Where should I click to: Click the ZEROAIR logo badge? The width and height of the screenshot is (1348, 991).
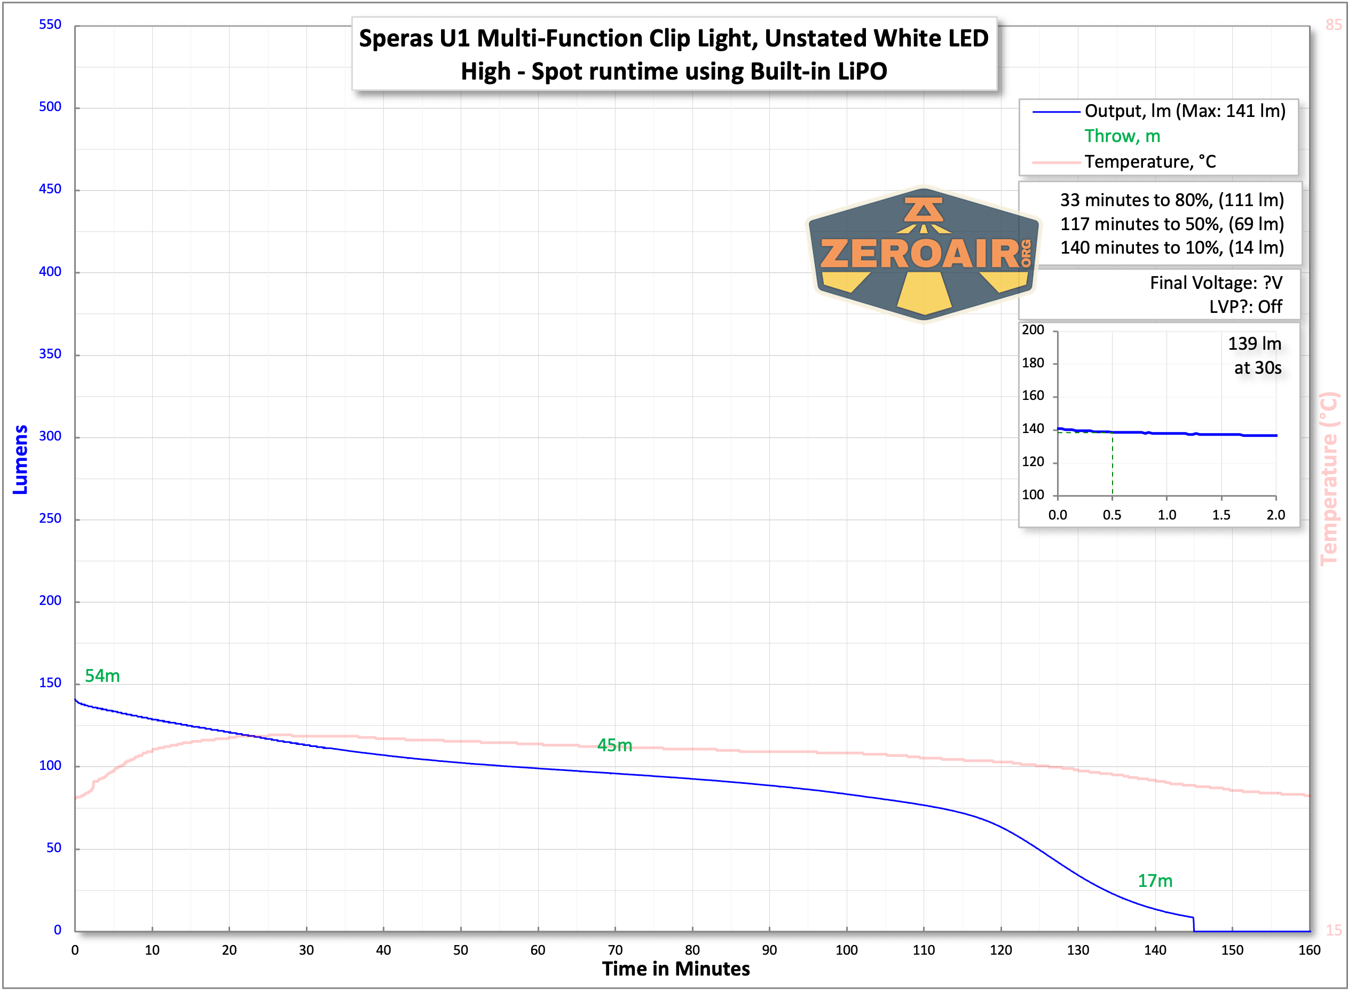pyautogui.click(x=924, y=254)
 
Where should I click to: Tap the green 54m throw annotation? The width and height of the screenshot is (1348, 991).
pyautogui.click(x=102, y=676)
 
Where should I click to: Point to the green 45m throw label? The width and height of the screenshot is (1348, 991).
pyautogui.click(x=614, y=745)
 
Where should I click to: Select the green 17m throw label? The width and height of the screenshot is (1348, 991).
pyautogui.click(x=1155, y=880)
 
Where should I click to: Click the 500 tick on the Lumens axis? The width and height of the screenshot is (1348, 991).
pyautogui.click(x=50, y=107)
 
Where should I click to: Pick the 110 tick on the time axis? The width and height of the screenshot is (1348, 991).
pyautogui.click(x=924, y=950)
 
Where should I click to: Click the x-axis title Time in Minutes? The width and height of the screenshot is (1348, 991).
pyautogui.click(x=676, y=970)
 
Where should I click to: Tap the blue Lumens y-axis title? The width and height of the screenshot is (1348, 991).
pyautogui.click(x=20, y=460)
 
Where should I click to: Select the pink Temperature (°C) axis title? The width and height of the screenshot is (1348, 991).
pyautogui.click(x=1329, y=478)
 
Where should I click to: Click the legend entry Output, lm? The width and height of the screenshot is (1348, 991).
pyautogui.click(x=1184, y=111)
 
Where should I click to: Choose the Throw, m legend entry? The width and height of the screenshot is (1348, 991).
pyautogui.click(x=1122, y=136)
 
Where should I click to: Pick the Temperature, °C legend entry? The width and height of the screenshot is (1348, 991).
pyautogui.click(x=1149, y=162)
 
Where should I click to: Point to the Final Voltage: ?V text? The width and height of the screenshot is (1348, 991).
pyautogui.click(x=1216, y=282)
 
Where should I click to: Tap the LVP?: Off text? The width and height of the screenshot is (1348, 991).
pyautogui.click(x=1245, y=306)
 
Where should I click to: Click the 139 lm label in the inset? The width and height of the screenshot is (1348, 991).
pyautogui.click(x=1255, y=344)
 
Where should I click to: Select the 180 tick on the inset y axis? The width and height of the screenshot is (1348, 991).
pyautogui.click(x=1032, y=363)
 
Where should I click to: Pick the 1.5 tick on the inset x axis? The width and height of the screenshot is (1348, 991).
pyautogui.click(x=1221, y=515)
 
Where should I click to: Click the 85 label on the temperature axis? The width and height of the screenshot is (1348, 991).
pyautogui.click(x=1334, y=25)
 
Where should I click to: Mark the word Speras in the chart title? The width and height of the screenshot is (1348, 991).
pyautogui.click(x=396, y=38)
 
